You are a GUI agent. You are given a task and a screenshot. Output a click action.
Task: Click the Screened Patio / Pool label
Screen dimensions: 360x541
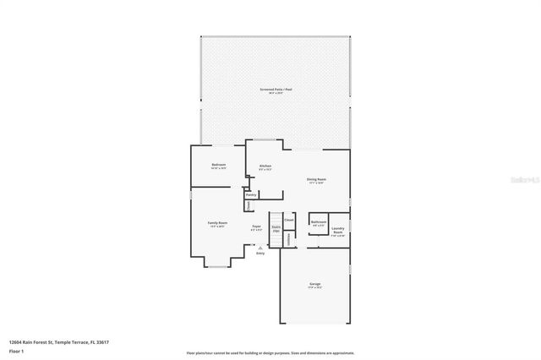276,90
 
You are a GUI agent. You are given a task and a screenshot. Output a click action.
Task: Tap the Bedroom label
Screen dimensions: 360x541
218,166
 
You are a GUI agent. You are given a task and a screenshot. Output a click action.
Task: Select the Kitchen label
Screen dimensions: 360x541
265,166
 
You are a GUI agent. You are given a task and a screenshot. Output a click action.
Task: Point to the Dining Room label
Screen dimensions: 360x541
316,180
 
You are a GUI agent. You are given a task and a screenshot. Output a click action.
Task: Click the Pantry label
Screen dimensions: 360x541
251,194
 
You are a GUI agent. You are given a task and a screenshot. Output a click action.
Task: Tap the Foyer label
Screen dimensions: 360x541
256,227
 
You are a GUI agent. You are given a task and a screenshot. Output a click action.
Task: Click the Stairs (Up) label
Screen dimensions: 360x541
276,228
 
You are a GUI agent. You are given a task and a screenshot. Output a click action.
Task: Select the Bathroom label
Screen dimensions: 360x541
319,223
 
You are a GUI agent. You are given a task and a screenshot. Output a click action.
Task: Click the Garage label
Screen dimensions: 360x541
314,285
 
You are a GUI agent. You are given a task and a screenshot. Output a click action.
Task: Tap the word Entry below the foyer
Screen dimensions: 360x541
260,254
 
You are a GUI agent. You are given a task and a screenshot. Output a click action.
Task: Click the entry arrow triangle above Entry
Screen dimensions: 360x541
260,248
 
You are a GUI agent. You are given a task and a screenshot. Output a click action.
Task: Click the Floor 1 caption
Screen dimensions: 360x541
17,351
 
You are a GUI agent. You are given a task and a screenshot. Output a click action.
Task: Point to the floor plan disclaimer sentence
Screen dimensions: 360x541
270,352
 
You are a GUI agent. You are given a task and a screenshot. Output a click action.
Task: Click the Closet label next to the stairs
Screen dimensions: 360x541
289,220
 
